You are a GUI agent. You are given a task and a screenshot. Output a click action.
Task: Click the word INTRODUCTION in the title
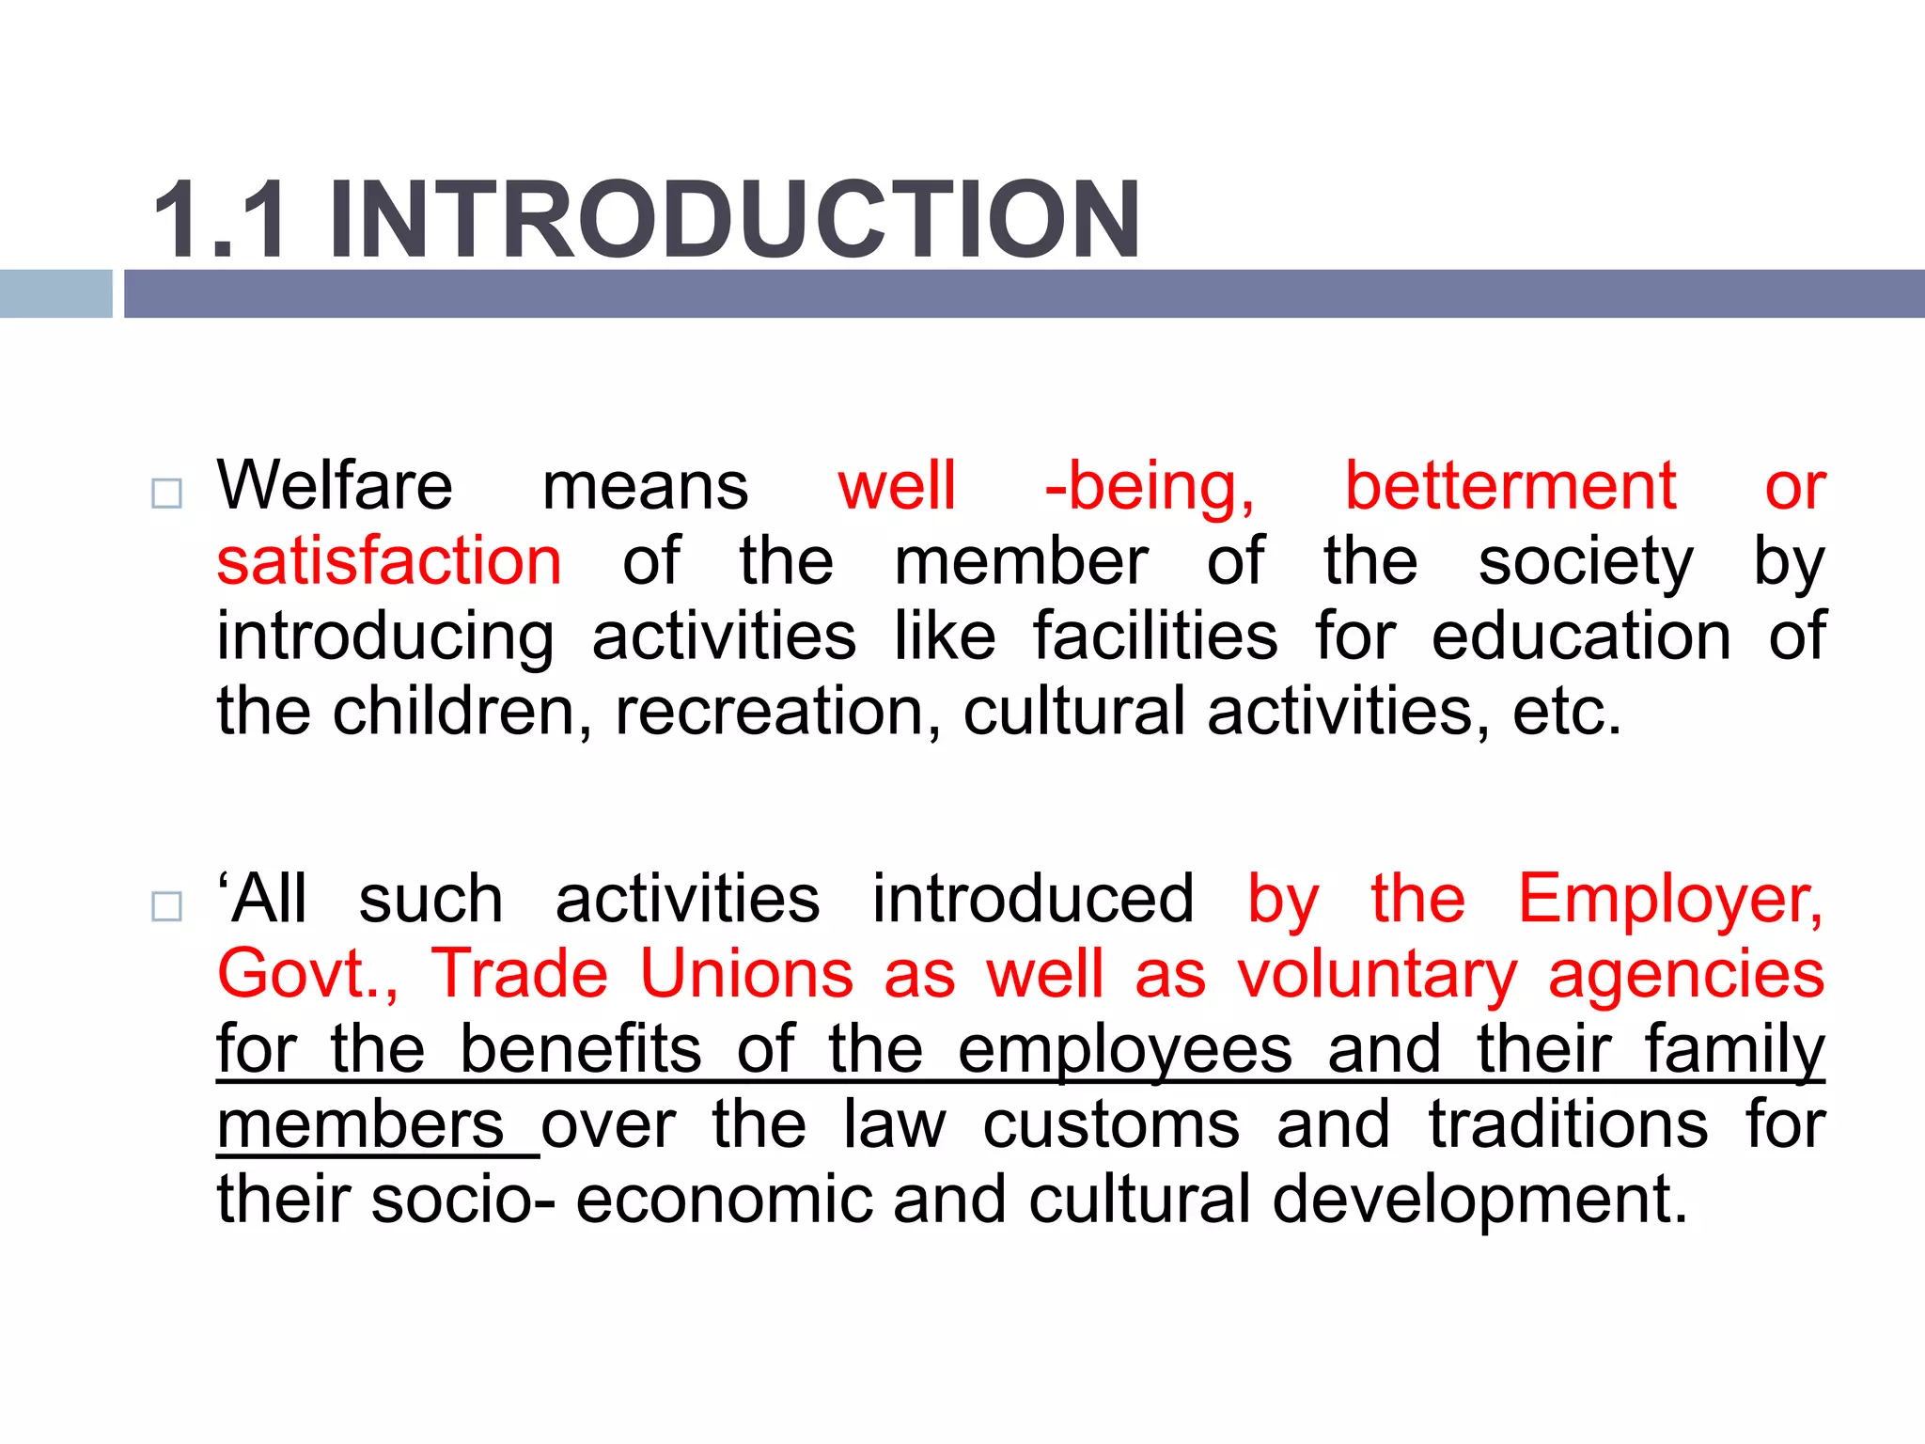coord(734,220)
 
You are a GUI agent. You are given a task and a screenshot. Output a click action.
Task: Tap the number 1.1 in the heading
coord(220,220)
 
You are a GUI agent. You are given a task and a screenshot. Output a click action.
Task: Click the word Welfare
coord(335,486)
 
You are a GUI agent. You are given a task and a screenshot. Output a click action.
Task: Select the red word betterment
coord(1510,486)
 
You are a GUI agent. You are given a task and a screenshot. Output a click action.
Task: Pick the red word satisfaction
coord(389,561)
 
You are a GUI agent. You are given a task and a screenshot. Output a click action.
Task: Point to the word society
coord(1586,561)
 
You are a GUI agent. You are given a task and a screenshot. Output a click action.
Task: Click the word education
coord(1581,636)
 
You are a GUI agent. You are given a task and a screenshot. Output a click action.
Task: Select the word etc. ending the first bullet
coord(1567,712)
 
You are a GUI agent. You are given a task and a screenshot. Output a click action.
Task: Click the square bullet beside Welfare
coord(166,494)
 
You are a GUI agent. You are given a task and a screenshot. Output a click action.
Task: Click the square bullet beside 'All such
coord(166,906)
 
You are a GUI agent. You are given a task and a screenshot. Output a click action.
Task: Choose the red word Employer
coord(1670,900)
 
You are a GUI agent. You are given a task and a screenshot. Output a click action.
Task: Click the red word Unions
coord(746,974)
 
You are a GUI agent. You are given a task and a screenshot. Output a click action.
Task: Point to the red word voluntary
coord(1377,974)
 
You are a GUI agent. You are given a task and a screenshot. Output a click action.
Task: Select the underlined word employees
coord(1124,1049)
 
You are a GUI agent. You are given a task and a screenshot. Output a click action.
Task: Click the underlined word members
coord(362,1124)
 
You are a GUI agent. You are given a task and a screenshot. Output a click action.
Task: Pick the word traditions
coord(1568,1124)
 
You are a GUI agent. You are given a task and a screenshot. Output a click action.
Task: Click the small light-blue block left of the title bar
coord(55,293)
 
